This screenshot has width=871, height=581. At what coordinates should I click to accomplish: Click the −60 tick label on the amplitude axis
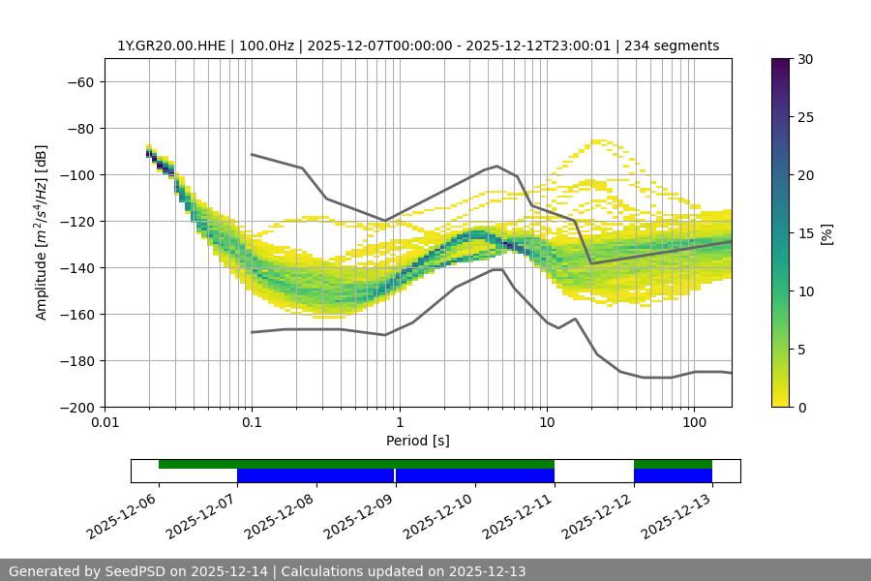(79, 81)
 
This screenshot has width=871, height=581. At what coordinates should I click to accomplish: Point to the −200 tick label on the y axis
(75, 407)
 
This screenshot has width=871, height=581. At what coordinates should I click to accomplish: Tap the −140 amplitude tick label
(75, 267)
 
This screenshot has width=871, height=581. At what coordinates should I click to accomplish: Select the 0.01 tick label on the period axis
(105, 423)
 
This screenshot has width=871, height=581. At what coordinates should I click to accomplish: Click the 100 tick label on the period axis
(694, 423)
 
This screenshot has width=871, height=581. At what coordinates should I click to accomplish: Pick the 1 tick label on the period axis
(399, 423)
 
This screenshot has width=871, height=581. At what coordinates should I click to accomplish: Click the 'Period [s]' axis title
(418, 441)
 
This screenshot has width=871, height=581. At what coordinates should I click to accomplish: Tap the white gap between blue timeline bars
(593, 475)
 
